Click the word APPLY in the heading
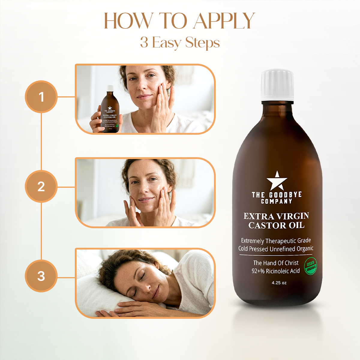point(224,22)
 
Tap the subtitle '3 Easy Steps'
point(180,43)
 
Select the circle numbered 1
point(41,97)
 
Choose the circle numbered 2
point(41,187)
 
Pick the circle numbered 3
point(41,276)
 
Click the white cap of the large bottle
point(277,85)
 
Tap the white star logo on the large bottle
point(277,181)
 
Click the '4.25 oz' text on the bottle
point(279,283)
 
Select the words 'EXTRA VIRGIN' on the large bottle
point(276,216)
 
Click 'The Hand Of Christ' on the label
point(276,263)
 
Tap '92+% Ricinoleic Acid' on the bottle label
point(275,271)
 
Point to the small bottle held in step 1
point(110,111)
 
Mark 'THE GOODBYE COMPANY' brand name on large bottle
point(277,198)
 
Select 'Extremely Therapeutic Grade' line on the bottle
point(276,241)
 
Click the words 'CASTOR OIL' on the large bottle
point(276,225)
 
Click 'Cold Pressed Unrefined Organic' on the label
point(276,249)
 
